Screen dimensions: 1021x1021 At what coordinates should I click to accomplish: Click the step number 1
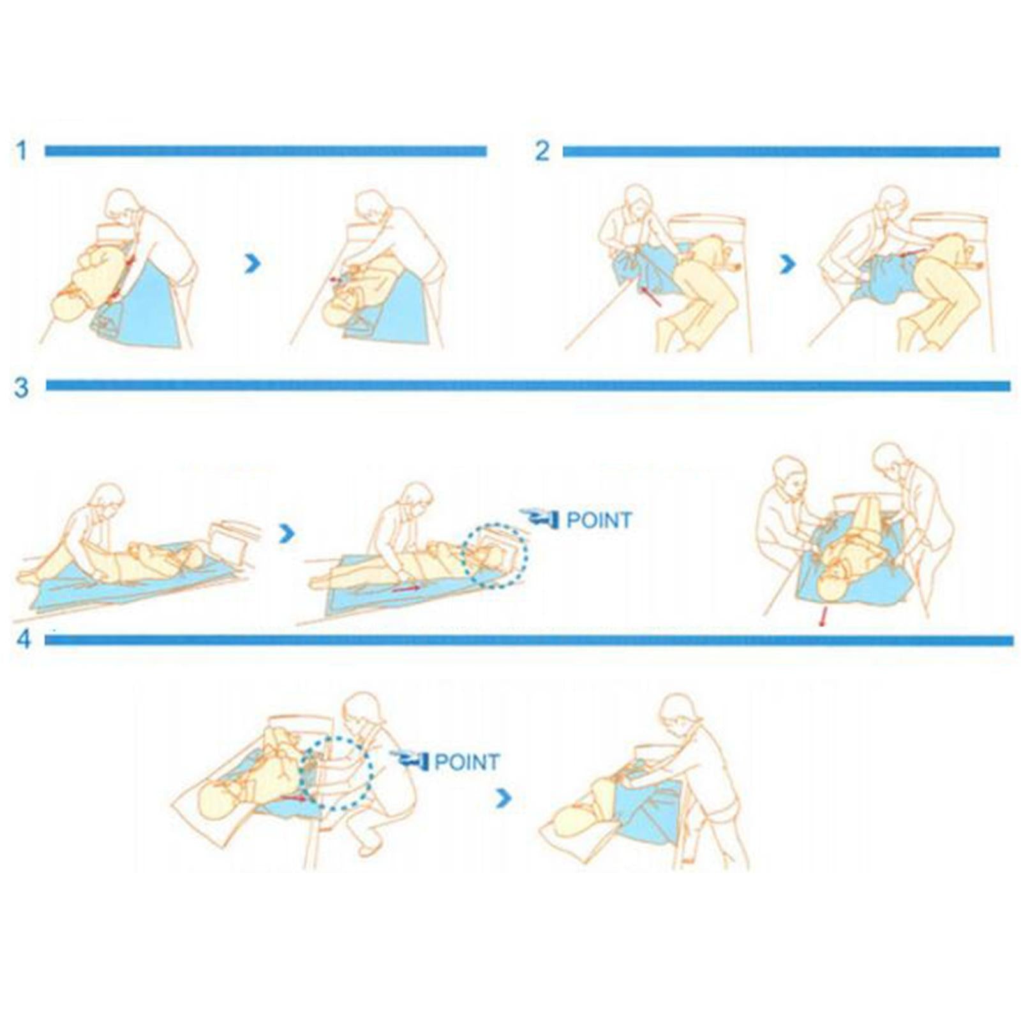pos(22,151)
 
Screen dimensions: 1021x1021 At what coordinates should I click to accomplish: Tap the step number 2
pos(542,151)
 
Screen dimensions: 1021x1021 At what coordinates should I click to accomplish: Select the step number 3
pos(22,387)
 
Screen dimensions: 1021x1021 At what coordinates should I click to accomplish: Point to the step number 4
pos(24,639)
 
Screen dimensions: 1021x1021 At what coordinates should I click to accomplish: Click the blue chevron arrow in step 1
pos(253,263)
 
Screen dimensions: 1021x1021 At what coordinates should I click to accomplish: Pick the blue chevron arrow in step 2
pos(788,264)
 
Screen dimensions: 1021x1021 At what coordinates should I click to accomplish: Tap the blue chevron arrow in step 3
pos(287,533)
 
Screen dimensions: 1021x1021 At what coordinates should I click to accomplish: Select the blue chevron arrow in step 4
pos(503,797)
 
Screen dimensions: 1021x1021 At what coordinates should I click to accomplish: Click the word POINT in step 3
pos(599,520)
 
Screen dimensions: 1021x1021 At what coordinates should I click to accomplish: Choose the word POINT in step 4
pos(466,762)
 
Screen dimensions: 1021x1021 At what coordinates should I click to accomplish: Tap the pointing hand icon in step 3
pos(540,518)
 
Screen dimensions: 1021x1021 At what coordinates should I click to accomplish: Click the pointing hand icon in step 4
pos(410,760)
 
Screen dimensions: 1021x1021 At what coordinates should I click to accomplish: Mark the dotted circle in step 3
pos(495,555)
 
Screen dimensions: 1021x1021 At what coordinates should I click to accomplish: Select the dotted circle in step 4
pos(336,773)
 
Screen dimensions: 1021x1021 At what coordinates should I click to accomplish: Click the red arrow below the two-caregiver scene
pos(823,616)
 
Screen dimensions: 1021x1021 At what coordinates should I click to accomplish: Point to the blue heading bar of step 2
pos(780,152)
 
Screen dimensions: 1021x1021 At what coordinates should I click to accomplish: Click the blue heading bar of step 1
pos(265,151)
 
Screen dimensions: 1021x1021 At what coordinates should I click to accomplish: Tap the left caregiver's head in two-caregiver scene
pos(790,475)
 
